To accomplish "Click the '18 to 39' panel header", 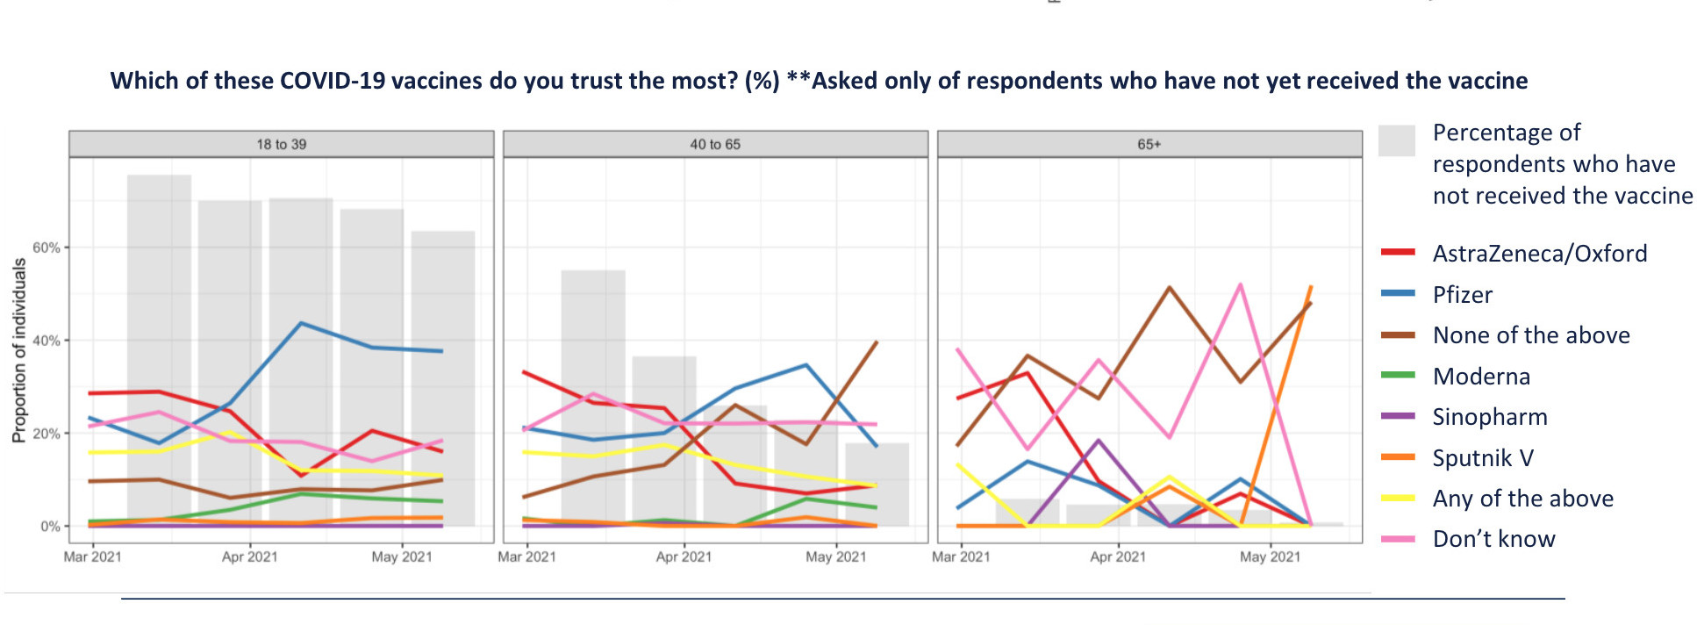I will coord(282,144).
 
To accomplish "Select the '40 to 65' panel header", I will coord(715,144).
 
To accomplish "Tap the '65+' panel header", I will coord(1149,144).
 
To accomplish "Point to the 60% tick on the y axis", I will coord(47,248).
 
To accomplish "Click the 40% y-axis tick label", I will coord(47,341).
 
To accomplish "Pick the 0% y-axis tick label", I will coord(50,527).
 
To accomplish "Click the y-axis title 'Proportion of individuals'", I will coord(18,350).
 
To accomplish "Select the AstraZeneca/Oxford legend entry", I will coord(1539,254).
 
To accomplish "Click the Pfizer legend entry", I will coord(1462,295).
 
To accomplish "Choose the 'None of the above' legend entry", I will coord(1530,335).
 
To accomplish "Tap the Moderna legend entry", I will coord(1481,377).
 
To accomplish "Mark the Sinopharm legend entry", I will coord(1489,417).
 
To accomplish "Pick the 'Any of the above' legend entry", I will coord(1522,499).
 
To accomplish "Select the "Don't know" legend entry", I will coord(1493,539).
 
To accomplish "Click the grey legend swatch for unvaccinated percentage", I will coord(1397,140).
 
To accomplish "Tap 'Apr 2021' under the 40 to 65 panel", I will coord(684,557).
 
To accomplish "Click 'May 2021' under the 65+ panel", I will coord(1270,557).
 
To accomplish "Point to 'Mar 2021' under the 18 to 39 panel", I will coord(92,557).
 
